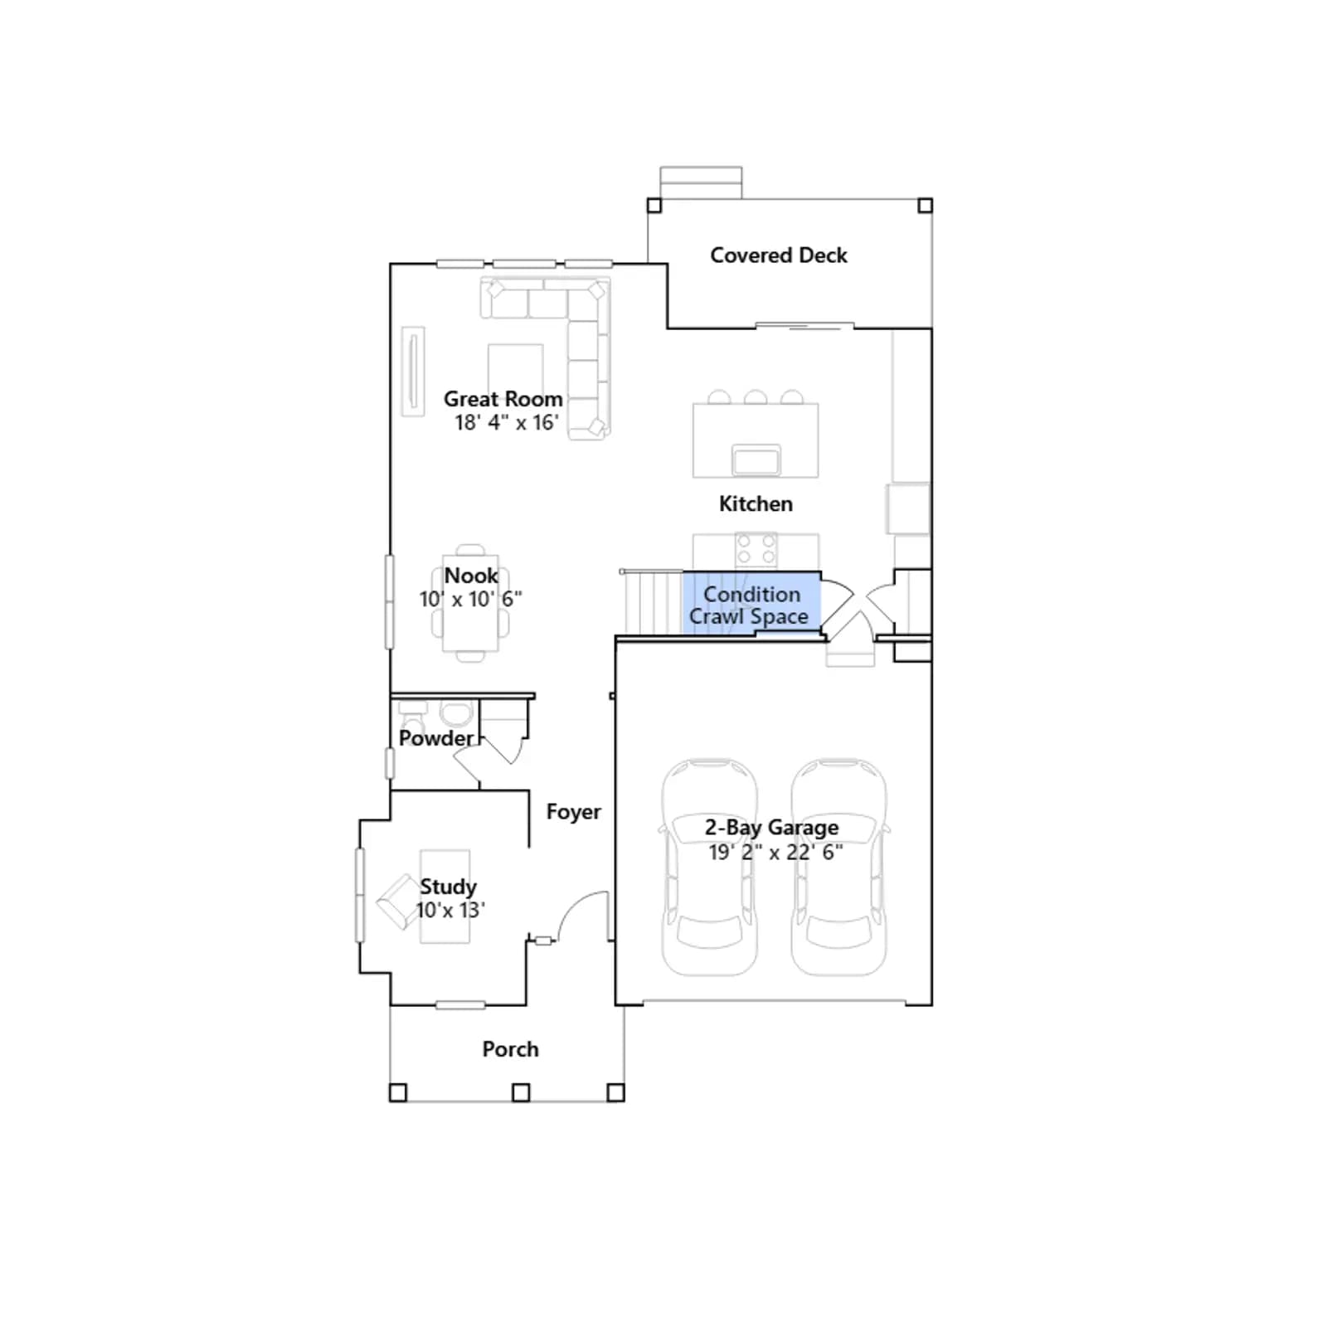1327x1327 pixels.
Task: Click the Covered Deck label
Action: (779, 255)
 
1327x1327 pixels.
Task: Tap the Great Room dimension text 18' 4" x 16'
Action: (507, 422)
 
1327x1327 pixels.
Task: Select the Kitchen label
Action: (756, 503)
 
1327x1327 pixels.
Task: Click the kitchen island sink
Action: (756, 459)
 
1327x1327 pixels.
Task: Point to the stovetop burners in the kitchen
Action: (756, 549)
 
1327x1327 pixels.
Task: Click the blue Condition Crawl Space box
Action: (751, 603)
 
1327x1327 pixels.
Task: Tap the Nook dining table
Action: (470, 603)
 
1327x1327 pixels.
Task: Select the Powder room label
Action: (436, 738)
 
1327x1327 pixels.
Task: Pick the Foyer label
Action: (574, 812)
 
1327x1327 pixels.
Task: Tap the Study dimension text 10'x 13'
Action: (450, 910)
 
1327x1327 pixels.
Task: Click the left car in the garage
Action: (709, 866)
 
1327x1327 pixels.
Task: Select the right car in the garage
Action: (838, 866)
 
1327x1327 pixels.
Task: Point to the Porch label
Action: (511, 1049)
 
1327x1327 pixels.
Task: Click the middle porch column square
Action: (521, 1092)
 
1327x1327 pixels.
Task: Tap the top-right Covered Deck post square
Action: (926, 206)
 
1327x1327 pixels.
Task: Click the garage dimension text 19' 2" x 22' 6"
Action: (775, 852)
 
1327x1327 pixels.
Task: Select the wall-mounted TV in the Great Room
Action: (413, 371)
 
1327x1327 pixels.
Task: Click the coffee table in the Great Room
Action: (515, 369)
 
